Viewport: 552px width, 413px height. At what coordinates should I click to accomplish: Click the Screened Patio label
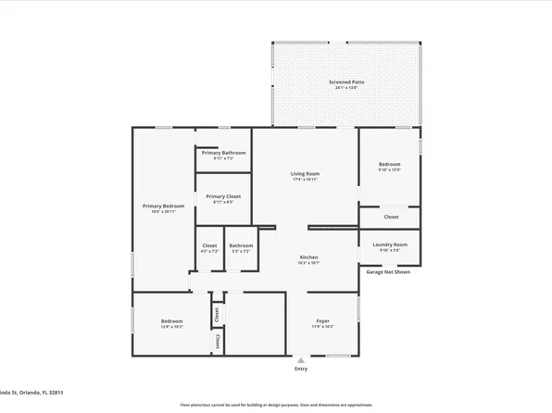point(345,82)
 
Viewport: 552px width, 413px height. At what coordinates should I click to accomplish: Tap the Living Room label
point(305,173)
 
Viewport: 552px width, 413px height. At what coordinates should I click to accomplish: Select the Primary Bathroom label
point(223,152)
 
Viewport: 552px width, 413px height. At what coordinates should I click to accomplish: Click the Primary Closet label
point(223,196)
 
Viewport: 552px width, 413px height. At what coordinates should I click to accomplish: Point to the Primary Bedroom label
point(163,206)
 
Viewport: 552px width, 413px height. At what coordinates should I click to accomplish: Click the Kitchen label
point(308,257)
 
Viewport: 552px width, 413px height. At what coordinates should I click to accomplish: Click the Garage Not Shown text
point(388,272)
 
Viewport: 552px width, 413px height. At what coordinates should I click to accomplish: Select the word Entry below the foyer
point(301,369)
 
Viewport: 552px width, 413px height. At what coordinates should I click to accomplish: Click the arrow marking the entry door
point(300,358)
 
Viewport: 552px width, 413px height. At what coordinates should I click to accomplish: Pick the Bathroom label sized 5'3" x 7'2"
point(241,245)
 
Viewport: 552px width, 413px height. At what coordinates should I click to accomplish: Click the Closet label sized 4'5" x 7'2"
point(209,245)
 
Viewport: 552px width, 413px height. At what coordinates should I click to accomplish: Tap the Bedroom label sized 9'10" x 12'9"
point(388,164)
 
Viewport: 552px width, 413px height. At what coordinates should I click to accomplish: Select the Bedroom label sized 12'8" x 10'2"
point(171,321)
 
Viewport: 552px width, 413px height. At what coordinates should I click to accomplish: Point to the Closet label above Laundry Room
point(391,217)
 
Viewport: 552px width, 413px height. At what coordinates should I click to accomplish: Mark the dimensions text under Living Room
point(305,180)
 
